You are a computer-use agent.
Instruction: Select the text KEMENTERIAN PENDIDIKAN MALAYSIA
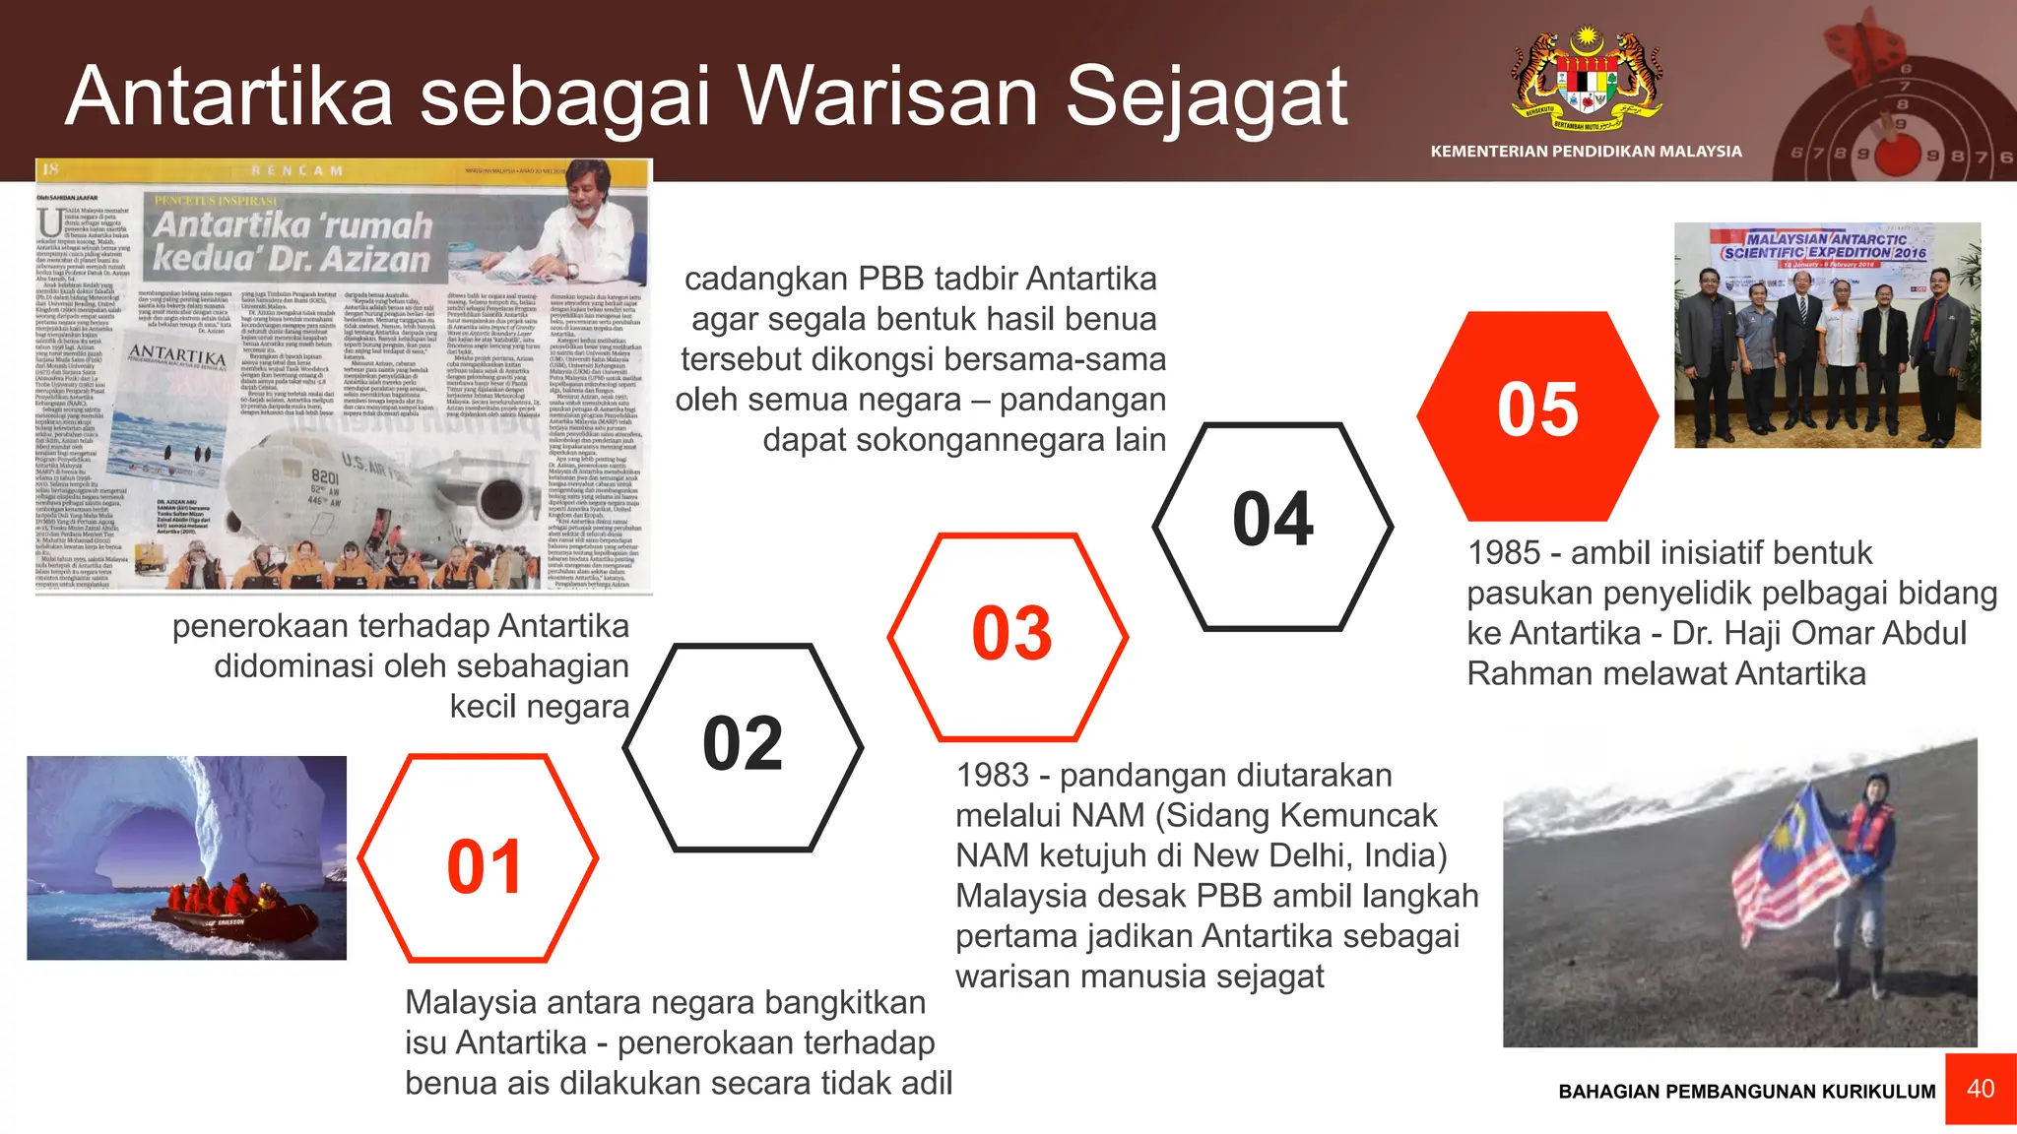[1586, 152]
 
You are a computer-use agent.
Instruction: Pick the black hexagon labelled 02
[744, 746]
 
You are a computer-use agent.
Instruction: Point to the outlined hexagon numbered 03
[1010, 635]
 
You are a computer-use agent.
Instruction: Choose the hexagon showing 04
[1272, 524]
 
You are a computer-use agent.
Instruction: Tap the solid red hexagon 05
[1536, 413]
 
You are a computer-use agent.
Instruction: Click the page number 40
[1980, 1089]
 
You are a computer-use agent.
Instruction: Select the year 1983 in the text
[993, 776]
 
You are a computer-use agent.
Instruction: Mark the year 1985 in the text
[1504, 553]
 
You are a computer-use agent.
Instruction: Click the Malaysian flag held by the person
[1788, 861]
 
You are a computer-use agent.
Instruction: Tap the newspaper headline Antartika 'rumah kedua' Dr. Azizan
[293, 241]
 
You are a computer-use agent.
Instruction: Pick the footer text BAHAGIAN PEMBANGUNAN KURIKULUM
[1746, 1092]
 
